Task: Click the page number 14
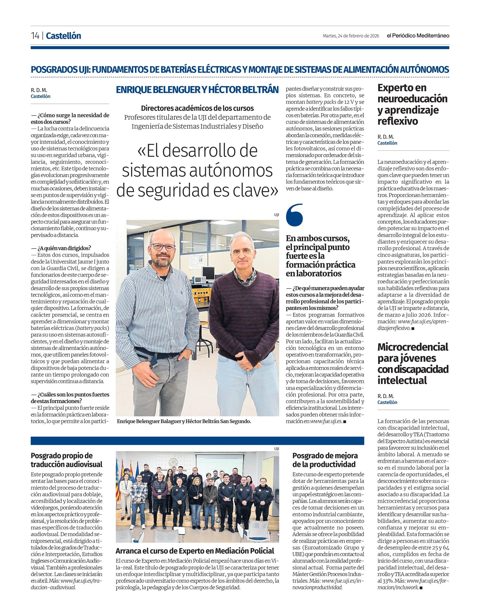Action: (35, 36)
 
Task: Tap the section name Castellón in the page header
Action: (63, 36)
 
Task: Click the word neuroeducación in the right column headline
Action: (412, 99)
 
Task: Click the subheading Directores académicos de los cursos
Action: (197, 108)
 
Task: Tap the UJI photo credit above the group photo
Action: (276, 449)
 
